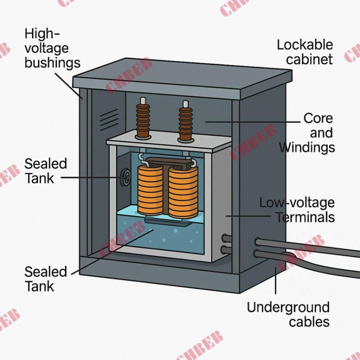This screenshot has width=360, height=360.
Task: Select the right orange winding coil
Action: coord(183,192)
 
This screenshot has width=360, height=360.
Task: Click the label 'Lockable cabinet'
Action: coord(304,52)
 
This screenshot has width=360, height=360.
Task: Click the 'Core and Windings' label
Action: coord(307,133)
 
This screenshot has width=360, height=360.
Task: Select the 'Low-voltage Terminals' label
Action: coord(297,210)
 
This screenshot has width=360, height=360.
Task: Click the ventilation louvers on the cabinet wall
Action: coord(109,119)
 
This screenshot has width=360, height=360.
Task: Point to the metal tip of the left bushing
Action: coord(143,101)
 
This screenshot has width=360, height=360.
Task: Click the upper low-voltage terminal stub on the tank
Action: coord(227,239)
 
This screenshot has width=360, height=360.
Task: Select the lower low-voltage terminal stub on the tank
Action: coord(227,250)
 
